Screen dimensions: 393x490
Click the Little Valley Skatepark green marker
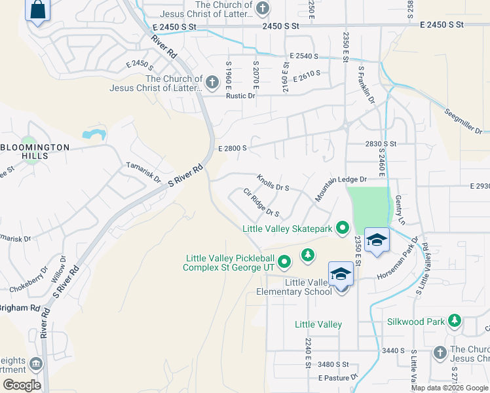[x=342, y=229]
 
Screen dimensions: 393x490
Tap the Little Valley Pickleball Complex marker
[x=284, y=263]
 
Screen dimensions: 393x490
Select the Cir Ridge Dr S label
[x=261, y=203]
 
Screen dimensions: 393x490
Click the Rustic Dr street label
[x=240, y=96]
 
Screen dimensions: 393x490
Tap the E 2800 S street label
[x=233, y=148]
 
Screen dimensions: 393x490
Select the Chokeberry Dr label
[x=28, y=278]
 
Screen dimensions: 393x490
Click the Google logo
[x=22, y=385]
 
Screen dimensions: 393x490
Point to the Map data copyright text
[x=449, y=388]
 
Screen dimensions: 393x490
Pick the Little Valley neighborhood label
[x=318, y=325]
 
